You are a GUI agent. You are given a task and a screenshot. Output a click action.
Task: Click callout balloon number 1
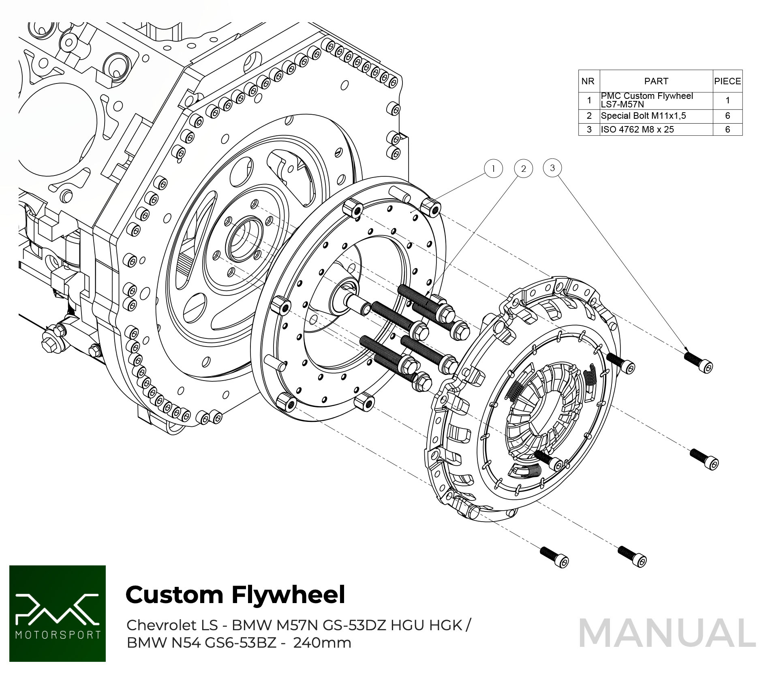coord(493,169)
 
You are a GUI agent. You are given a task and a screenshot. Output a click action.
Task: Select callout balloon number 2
coord(523,169)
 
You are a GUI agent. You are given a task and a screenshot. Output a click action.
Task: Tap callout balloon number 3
coord(552,168)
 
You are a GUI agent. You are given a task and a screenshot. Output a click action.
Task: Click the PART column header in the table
coord(656,81)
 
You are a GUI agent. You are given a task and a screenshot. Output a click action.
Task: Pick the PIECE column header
coord(727,81)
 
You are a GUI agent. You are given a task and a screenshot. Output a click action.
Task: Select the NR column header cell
coord(588,81)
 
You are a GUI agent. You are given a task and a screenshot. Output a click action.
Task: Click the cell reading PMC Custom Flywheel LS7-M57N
coord(656,100)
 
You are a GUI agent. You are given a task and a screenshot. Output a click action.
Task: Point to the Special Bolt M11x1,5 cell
coord(644,116)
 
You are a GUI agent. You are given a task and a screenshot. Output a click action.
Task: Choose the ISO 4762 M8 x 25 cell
coord(637,129)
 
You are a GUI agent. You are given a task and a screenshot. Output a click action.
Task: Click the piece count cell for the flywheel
coord(727,100)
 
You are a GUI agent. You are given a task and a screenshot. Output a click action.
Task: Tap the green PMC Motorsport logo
coord(58,613)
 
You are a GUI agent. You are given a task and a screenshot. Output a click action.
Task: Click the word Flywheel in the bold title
coord(288,595)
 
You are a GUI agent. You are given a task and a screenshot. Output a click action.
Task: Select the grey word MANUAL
coord(667,633)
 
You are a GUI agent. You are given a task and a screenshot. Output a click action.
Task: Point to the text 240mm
coord(322,643)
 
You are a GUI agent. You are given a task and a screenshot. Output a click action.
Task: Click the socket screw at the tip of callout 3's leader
coord(698,362)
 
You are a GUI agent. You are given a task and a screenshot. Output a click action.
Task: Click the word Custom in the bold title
coord(175,595)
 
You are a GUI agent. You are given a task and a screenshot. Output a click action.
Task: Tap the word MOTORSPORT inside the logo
coord(58,634)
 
